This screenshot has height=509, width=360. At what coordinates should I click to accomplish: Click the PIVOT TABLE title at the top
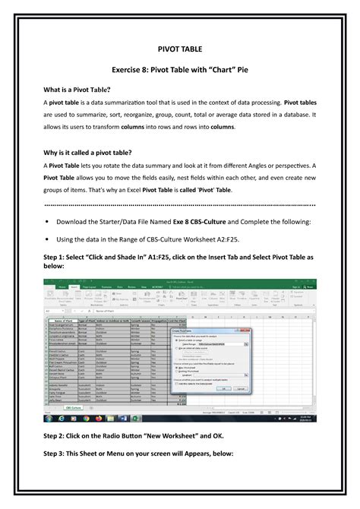pyautogui.click(x=180, y=46)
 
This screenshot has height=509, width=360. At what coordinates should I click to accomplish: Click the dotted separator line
pyautogui.click(x=180, y=205)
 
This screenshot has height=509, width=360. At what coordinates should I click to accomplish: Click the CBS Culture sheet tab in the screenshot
pyautogui.click(x=95, y=408)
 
